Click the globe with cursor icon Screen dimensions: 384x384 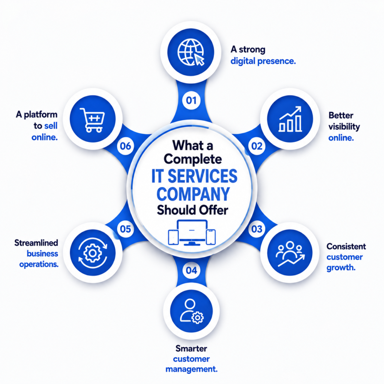point(191,52)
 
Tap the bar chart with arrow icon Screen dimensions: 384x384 point(290,119)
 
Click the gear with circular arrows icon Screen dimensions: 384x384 point(93,253)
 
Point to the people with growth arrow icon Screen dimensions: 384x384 point(290,253)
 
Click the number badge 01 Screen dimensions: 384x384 point(191,100)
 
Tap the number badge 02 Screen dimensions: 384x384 point(256,146)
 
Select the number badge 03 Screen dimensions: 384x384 point(256,229)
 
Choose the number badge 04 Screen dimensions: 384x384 point(191,270)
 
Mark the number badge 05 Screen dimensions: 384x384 point(125,229)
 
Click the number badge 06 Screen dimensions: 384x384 point(125,146)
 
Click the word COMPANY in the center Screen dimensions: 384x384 point(193,194)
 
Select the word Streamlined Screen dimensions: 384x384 point(36,243)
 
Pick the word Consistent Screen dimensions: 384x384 point(346,246)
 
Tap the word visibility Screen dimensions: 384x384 point(344,127)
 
